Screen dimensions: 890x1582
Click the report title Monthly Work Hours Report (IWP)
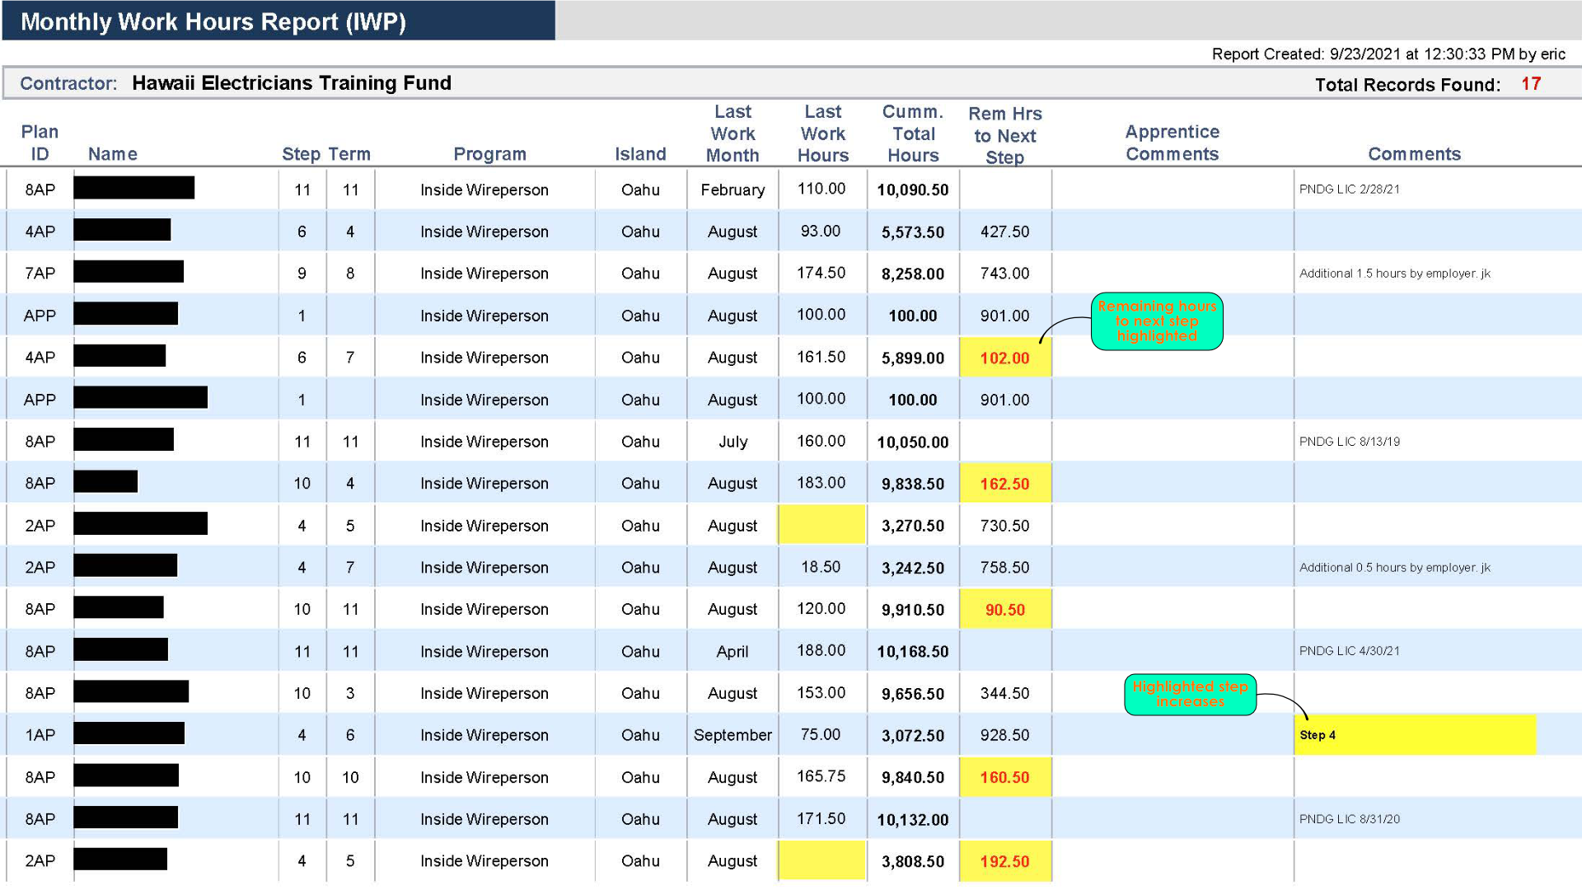click(213, 21)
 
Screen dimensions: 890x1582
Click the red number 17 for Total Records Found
click(1530, 84)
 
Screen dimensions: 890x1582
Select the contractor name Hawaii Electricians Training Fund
click(291, 83)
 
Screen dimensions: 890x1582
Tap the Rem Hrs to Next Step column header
click(1004, 135)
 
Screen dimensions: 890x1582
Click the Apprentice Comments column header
click(1172, 143)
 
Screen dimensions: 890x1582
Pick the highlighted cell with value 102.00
click(1004, 358)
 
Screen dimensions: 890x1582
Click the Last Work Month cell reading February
click(732, 190)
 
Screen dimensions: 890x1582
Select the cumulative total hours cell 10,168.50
click(912, 651)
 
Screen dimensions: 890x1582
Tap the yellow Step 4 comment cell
click(1414, 735)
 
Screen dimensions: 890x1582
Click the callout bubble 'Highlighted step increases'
click(1189, 694)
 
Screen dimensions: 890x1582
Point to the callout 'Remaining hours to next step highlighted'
click(1156, 321)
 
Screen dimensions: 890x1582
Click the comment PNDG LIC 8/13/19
click(1349, 442)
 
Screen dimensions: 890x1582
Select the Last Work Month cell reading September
click(732, 735)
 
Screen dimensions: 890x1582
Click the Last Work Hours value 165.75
click(821, 776)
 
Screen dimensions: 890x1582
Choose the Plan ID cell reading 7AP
click(40, 274)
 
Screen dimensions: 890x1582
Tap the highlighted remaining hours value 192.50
click(1004, 861)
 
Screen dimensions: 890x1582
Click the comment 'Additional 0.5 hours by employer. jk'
click(1394, 568)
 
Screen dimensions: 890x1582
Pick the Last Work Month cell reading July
click(732, 442)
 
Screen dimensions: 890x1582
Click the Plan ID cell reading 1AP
click(40, 735)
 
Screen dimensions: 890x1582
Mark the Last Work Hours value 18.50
click(821, 567)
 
